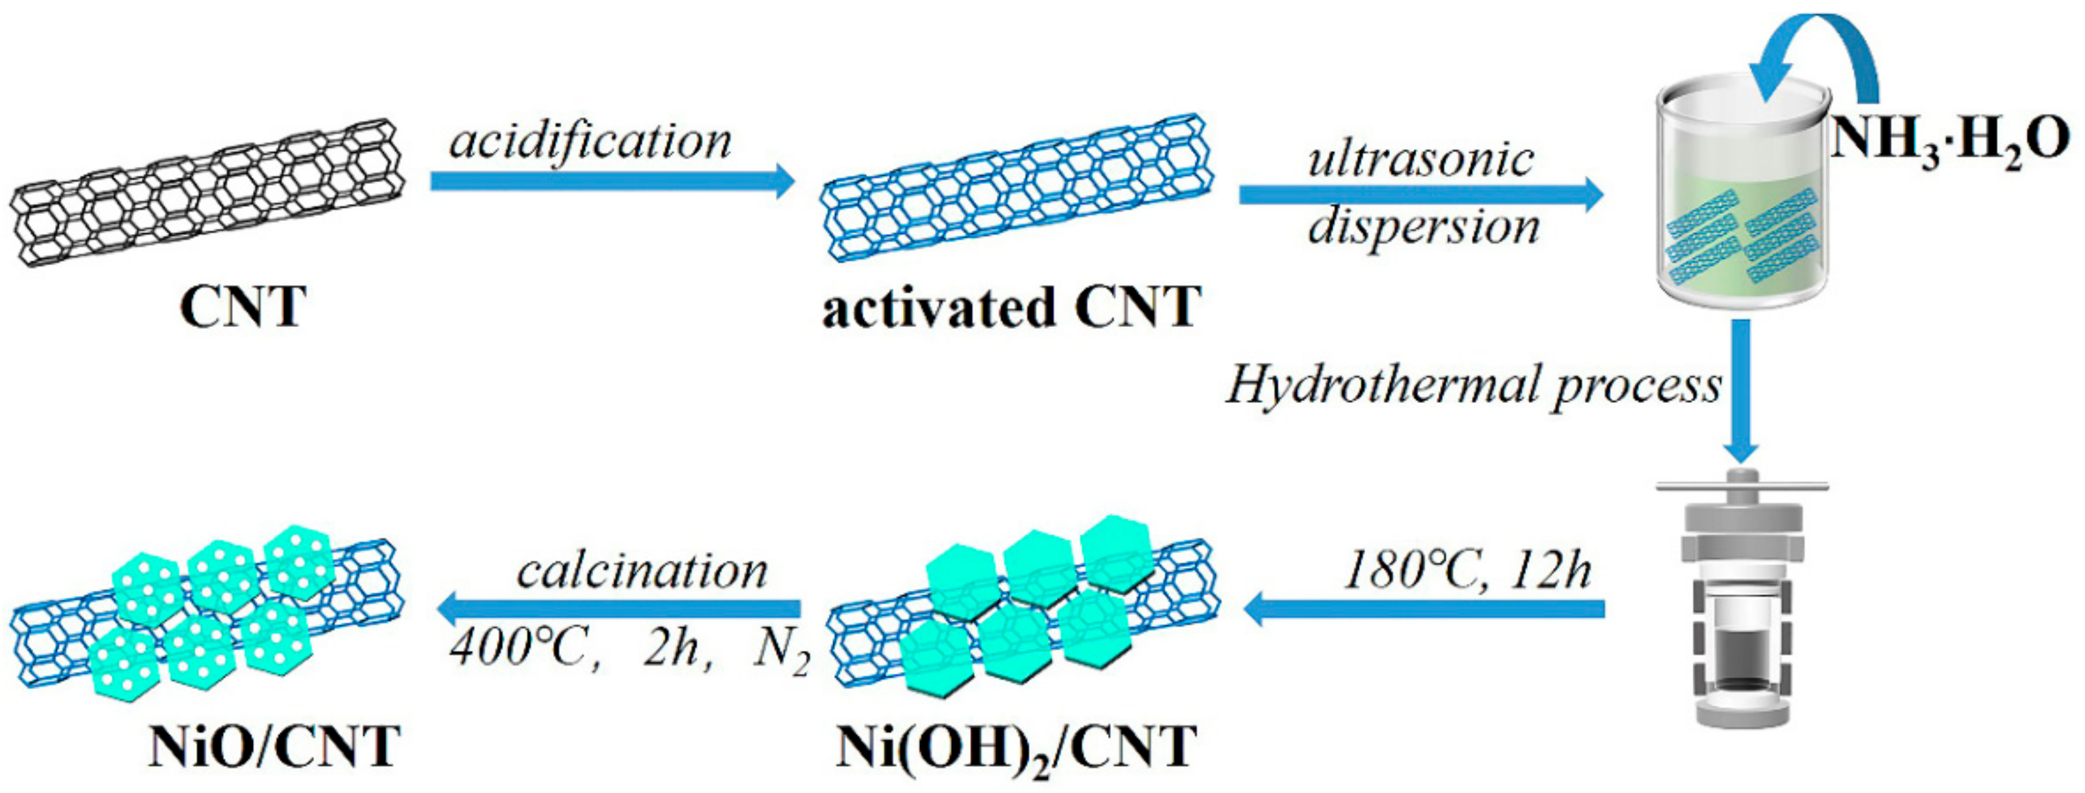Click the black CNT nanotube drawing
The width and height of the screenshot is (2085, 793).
point(206,194)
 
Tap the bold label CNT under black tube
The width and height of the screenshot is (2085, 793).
point(243,307)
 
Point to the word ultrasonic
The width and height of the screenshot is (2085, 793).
point(1421,159)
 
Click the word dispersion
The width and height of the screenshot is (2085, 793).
point(1423,227)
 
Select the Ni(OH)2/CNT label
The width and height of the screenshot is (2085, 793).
point(1016,749)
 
